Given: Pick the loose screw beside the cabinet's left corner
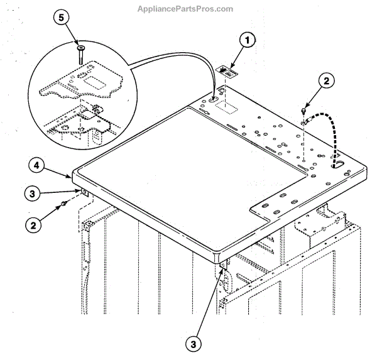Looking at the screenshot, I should [65, 205].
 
